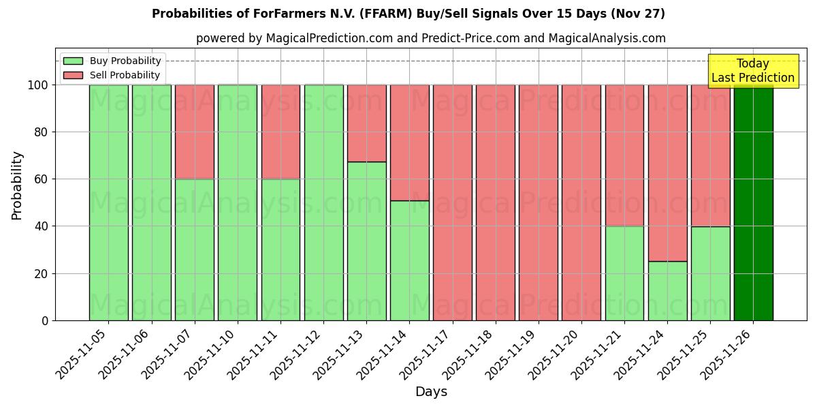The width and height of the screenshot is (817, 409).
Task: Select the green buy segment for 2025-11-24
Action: pyautogui.click(x=667, y=291)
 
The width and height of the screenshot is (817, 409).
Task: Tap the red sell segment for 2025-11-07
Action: pyautogui.click(x=195, y=132)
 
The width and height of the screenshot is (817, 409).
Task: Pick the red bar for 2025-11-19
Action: pyautogui.click(x=539, y=202)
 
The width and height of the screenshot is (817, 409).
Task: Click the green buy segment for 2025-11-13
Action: pyautogui.click(x=366, y=241)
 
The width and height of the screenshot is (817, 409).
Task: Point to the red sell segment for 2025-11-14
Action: pyautogui.click(x=409, y=142)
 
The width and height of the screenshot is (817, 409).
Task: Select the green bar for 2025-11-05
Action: pyautogui.click(x=109, y=202)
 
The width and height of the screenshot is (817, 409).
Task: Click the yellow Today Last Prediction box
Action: pyautogui.click(x=752, y=71)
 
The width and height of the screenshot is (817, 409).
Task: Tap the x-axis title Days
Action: pyautogui.click(x=431, y=392)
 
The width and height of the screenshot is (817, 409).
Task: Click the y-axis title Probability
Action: pyautogui.click(x=17, y=185)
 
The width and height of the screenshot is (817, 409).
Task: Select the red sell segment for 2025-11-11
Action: pyautogui.click(x=281, y=132)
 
